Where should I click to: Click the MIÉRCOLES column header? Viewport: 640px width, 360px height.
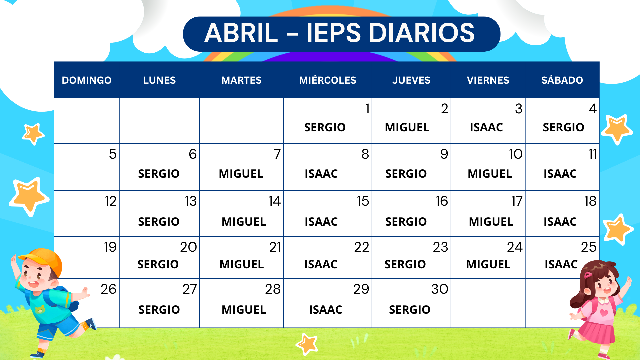(328, 80)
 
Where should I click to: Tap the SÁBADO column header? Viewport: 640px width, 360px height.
(562, 80)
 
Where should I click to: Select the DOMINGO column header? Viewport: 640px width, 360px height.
(87, 80)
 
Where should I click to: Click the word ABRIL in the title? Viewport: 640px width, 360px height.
(241, 33)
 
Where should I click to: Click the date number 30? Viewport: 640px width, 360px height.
(439, 289)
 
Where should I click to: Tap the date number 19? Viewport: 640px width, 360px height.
(110, 247)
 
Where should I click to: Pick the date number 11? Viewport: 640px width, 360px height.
(592, 154)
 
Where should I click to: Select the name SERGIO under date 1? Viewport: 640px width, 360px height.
(325, 127)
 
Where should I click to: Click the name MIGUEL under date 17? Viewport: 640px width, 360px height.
(491, 222)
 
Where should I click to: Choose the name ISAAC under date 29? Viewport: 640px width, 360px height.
(325, 310)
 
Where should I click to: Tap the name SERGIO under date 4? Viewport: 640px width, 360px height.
(563, 127)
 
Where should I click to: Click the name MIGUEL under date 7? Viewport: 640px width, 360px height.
(241, 174)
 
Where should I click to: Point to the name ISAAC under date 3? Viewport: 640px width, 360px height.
(486, 127)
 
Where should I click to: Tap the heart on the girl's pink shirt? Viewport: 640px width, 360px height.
(604, 312)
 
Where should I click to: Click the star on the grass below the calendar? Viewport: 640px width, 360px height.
(307, 344)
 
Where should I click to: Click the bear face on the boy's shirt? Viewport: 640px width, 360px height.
(40, 310)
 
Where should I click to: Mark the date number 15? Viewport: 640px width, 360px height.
(363, 201)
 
